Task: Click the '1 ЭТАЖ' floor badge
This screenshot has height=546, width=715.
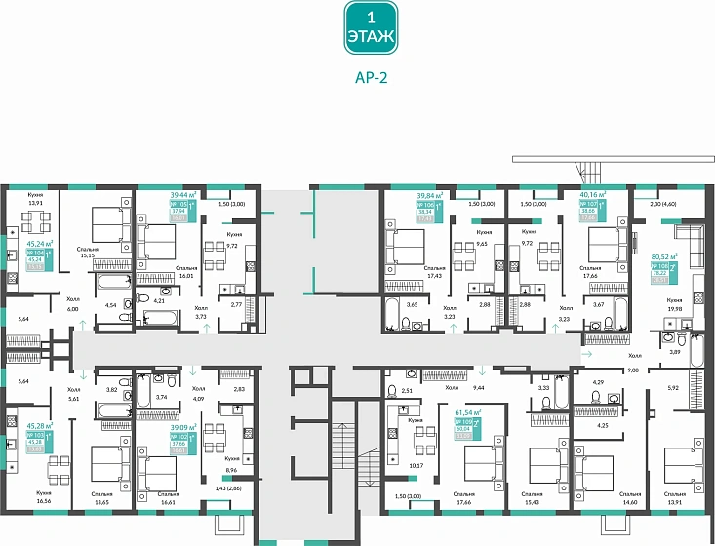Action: (370, 27)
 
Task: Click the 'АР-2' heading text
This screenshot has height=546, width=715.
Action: (370, 81)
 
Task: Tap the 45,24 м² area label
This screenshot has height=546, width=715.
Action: (40, 246)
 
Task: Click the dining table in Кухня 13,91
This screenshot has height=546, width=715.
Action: (35, 218)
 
